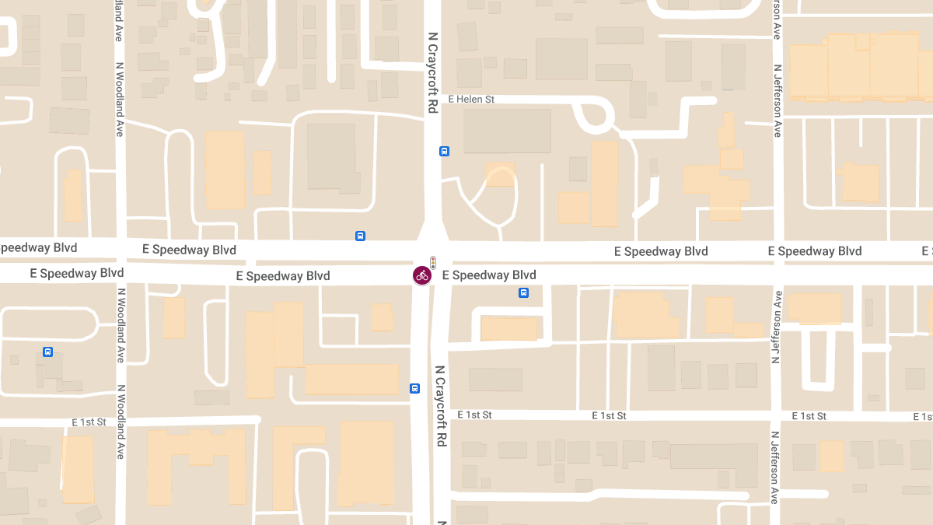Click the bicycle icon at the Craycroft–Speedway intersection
coord(422,275)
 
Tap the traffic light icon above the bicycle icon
coord(433,262)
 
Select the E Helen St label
coord(472,100)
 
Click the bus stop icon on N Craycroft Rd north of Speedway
coord(444,152)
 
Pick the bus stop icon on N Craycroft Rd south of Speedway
coord(415,388)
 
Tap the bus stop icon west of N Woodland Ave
coord(48,352)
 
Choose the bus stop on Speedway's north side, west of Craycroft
coord(360,236)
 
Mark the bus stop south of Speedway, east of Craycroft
coord(524,293)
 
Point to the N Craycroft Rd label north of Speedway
coord(432,74)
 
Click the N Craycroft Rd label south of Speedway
coord(441,405)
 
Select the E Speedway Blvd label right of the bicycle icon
coord(489,275)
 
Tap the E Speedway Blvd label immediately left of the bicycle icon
coord(283,276)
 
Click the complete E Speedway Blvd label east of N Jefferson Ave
coord(815,251)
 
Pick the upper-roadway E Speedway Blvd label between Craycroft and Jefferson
coord(661,251)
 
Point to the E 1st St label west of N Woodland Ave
coord(89,422)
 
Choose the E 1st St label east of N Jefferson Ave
coord(809,416)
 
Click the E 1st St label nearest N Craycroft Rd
coord(475,415)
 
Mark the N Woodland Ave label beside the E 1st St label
coord(120,421)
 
